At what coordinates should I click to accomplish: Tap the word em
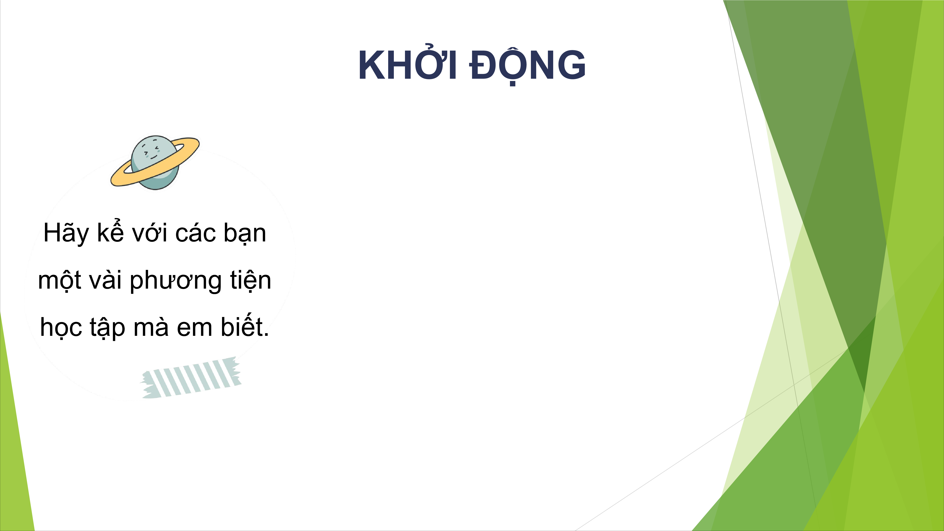[195, 328]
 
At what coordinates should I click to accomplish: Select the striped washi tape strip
[190, 378]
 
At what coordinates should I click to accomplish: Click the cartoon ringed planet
[155, 162]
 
